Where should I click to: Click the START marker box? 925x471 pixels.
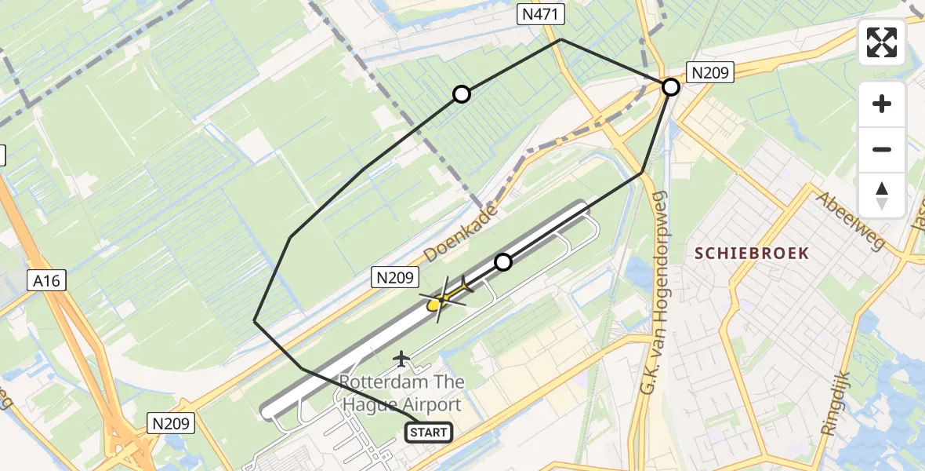[x=429, y=432]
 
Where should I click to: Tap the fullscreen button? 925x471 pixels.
[x=882, y=42]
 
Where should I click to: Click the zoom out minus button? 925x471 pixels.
[x=882, y=149]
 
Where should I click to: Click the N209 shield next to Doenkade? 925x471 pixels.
[x=397, y=277]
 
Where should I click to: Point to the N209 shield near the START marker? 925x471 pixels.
[x=170, y=424]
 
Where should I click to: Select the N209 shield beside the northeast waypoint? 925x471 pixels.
[x=709, y=74]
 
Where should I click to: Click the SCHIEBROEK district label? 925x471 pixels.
[x=751, y=253]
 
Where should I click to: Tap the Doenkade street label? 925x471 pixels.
[x=461, y=234]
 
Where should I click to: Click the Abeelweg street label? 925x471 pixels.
[x=851, y=221]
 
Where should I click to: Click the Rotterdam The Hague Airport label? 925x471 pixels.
[x=401, y=393]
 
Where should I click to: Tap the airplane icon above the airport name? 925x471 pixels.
[x=402, y=359]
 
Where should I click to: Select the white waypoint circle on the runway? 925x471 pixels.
[x=503, y=262]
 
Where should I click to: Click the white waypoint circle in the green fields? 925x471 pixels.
[x=462, y=95]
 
